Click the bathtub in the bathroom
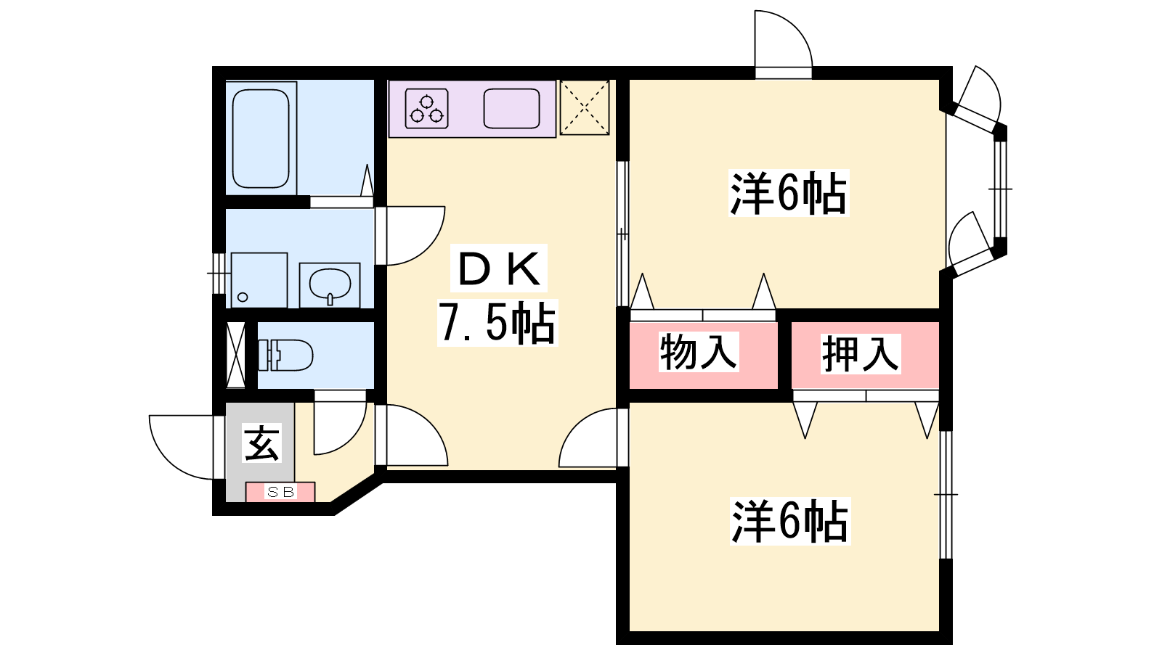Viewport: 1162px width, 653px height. [x=261, y=139]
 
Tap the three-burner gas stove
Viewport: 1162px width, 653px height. [x=426, y=108]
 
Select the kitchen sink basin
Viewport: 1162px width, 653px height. [x=512, y=108]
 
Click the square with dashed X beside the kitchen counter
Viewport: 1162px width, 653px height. [x=585, y=108]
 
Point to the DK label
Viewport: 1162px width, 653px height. [x=499, y=268]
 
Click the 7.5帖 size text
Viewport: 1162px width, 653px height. [x=497, y=323]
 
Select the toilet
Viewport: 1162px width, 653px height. [x=285, y=355]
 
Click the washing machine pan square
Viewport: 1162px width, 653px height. [x=259, y=280]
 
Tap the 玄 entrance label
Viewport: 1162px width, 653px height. [x=262, y=443]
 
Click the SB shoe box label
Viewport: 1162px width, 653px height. [x=280, y=491]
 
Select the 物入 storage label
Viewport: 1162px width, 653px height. [x=698, y=352]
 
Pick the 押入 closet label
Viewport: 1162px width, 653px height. [x=861, y=354]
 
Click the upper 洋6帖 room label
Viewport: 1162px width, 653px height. [x=789, y=193]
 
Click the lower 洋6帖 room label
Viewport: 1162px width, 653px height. [x=790, y=521]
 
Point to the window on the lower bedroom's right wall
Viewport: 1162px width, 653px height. [x=946, y=494]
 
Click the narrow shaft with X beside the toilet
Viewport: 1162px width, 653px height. [x=236, y=355]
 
